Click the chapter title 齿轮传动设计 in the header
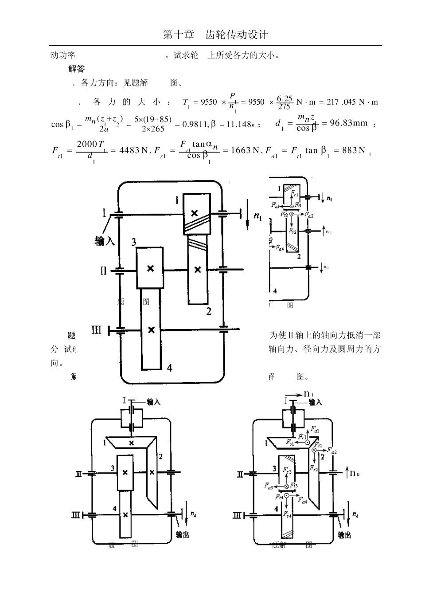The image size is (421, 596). [237, 35]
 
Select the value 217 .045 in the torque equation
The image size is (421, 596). [341, 102]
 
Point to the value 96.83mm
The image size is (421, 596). [349, 123]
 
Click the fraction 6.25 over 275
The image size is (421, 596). [284, 102]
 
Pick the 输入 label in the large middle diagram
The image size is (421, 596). [105, 241]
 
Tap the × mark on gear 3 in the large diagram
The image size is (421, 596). [150, 268]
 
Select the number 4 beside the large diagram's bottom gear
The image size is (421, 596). [169, 367]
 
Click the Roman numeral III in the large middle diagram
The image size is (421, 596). [97, 330]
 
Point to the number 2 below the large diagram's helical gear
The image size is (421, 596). [209, 311]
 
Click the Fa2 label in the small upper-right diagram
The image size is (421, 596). [309, 215]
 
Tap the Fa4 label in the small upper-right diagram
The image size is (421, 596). [280, 248]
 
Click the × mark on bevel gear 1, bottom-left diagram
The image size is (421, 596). [131, 443]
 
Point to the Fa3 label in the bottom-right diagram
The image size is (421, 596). [269, 487]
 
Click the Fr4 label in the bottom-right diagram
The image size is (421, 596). [288, 514]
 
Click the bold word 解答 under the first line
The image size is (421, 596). [76, 69]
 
